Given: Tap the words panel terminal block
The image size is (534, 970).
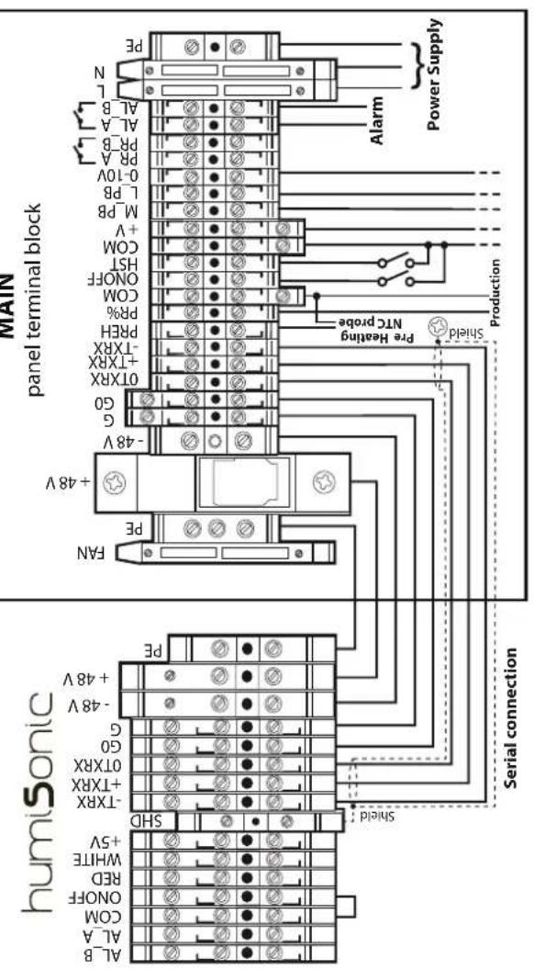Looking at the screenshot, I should point(35,299).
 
